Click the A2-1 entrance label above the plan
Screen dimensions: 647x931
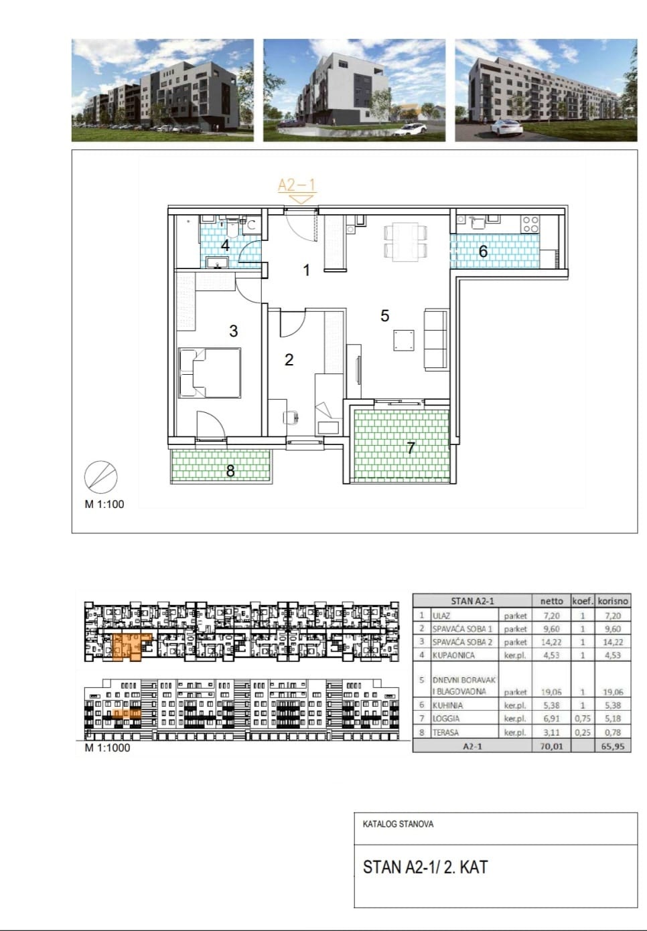pyautogui.click(x=297, y=185)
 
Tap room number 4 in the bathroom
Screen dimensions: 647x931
pyautogui.click(x=225, y=245)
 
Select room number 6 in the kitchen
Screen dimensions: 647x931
pyautogui.click(x=483, y=251)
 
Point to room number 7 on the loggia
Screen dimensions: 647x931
pyautogui.click(x=411, y=448)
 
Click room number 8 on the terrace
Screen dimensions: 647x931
pyautogui.click(x=230, y=471)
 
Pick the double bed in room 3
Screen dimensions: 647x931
pyautogui.click(x=210, y=373)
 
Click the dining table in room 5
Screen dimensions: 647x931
pyautogui.click(x=405, y=242)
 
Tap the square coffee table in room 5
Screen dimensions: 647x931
pyautogui.click(x=404, y=341)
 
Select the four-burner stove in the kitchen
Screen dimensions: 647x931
pyautogui.click(x=531, y=224)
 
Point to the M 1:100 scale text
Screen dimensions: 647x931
pyautogui.click(x=104, y=504)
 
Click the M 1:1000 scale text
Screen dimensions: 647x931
pyautogui.click(x=107, y=748)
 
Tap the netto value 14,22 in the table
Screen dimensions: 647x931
pyautogui.click(x=551, y=642)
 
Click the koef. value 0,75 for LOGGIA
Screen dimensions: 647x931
pyautogui.click(x=583, y=719)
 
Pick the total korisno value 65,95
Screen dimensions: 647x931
pyautogui.click(x=613, y=746)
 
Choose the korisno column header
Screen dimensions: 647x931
pyautogui.click(x=613, y=601)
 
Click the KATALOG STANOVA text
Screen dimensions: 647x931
pyautogui.click(x=398, y=824)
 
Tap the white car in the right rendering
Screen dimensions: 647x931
pyautogui.click(x=506, y=127)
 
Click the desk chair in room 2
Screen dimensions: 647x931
pyautogui.click(x=291, y=416)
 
